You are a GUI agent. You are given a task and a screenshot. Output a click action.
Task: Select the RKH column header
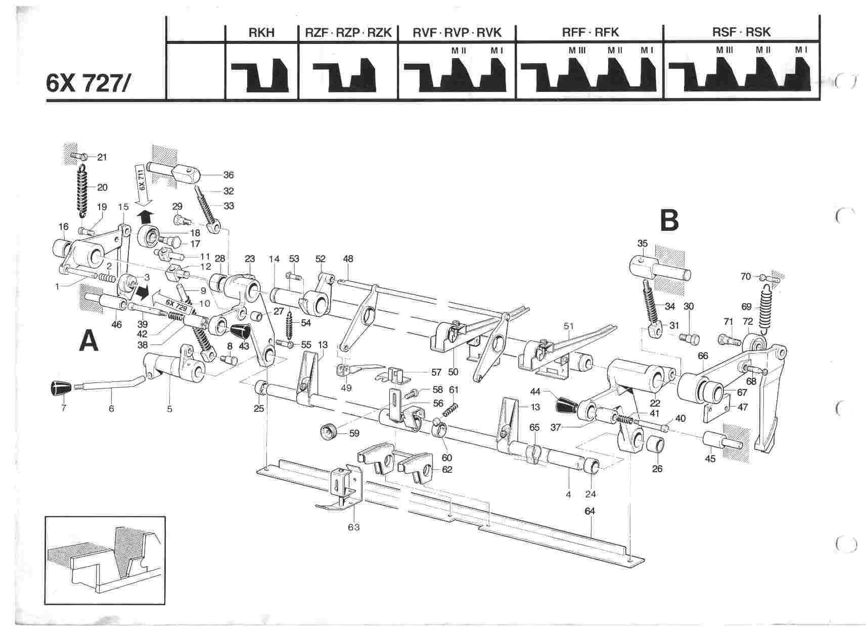[261, 33]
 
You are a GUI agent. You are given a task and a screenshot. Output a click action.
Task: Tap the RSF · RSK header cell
[741, 33]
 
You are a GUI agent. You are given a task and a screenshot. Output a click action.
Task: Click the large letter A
[89, 341]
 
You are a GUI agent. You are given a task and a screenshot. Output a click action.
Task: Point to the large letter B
[669, 220]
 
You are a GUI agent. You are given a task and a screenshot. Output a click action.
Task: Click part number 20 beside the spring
[102, 187]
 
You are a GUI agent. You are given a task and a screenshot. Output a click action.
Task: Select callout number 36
[228, 175]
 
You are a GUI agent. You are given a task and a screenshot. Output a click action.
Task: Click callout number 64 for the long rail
[589, 511]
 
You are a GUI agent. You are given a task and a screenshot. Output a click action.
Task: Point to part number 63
[353, 527]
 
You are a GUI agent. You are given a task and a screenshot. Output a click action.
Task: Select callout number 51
[569, 326]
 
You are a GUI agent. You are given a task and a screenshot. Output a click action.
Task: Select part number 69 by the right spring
[746, 306]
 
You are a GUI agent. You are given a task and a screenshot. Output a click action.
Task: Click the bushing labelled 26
[656, 447]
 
